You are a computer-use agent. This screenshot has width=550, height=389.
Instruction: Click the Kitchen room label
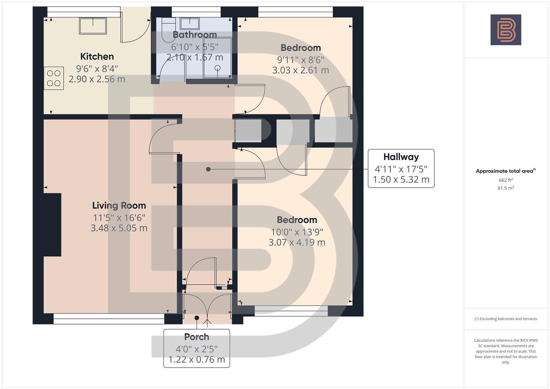(x=97, y=57)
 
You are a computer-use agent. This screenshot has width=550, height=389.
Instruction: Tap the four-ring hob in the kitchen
(x=54, y=78)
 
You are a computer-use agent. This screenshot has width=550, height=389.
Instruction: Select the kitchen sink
(x=93, y=26)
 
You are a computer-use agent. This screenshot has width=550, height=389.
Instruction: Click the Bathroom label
(x=195, y=35)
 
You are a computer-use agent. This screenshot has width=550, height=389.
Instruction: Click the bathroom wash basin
(x=190, y=23)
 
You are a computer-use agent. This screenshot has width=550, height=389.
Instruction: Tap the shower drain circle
(x=218, y=68)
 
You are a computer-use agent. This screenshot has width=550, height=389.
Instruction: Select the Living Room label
(x=119, y=206)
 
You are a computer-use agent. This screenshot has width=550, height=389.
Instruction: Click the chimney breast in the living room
(x=52, y=225)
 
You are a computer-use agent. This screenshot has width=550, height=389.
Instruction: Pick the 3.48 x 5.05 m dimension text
(x=119, y=228)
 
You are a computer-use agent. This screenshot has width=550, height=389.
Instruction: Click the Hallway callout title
(x=401, y=157)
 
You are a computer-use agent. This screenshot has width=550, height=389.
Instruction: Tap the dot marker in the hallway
(x=208, y=169)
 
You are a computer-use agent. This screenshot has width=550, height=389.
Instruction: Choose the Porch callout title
(x=197, y=337)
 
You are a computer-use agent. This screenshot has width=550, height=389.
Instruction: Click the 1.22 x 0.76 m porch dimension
(x=197, y=359)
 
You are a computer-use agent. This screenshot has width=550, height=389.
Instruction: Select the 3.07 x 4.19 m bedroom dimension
(x=297, y=242)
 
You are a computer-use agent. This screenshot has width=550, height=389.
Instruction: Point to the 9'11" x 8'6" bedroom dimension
(x=300, y=60)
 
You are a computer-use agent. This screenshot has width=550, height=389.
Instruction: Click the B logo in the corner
(x=506, y=30)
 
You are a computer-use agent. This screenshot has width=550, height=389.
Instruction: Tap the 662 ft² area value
(x=506, y=180)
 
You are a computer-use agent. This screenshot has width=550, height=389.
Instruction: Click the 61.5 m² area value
(x=506, y=188)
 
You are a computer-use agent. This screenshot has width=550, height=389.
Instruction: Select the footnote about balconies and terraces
(x=506, y=319)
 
